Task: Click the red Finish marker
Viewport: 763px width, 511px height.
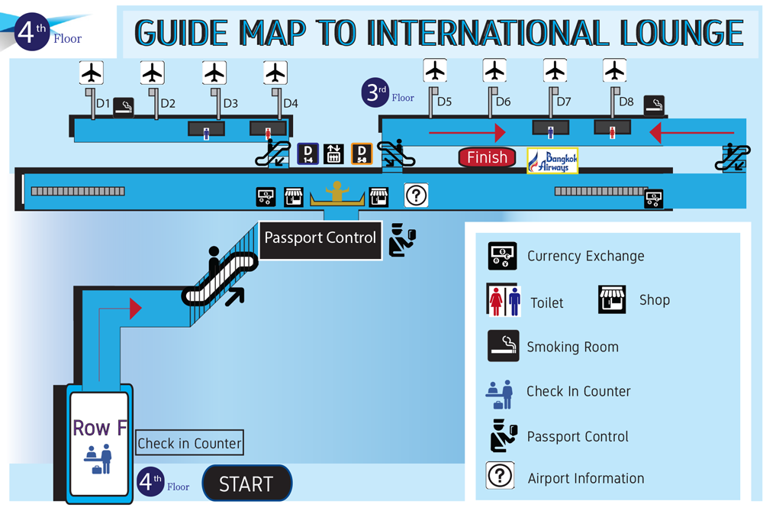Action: [x=487, y=158]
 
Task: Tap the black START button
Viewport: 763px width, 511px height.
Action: [x=246, y=484]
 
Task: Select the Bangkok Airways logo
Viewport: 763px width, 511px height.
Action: [x=552, y=160]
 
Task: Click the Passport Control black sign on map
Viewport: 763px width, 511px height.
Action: [x=320, y=238]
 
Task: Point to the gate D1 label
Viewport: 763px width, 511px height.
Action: [x=102, y=103]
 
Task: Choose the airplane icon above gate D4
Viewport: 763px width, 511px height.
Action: [x=275, y=73]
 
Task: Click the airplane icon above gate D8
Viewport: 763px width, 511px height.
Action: [x=614, y=71]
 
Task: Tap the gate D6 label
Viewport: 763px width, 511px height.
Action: [x=503, y=102]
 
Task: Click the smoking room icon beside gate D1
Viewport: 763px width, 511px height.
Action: [x=124, y=108]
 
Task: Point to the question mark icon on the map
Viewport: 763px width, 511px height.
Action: [x=416, y=196]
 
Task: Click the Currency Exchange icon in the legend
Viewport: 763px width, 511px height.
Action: [x=503, y=256]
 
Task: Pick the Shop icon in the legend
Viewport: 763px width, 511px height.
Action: [x=612, y=299]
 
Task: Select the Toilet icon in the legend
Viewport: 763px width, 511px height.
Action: [x=503, y=300]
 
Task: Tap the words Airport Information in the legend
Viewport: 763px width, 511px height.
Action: [x=585, y=479]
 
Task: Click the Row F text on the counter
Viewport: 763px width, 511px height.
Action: [x=99, y=428]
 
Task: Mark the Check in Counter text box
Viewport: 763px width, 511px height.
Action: [x=189, y=443]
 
